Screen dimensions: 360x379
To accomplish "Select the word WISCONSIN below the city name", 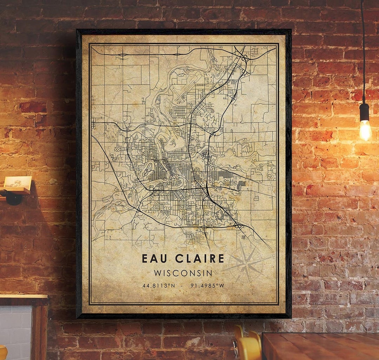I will point(183,273).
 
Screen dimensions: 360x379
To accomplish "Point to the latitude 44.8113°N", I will point(159,286).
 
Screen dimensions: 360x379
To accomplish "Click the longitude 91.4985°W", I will point(207,286).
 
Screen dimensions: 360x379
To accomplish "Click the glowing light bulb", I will point(365,130).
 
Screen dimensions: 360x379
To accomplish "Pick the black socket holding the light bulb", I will point(364,112).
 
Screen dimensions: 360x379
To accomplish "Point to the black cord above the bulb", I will point(363,53).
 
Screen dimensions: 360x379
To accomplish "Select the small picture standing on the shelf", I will point(17,182).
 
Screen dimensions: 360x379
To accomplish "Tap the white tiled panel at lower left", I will point(16,327).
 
